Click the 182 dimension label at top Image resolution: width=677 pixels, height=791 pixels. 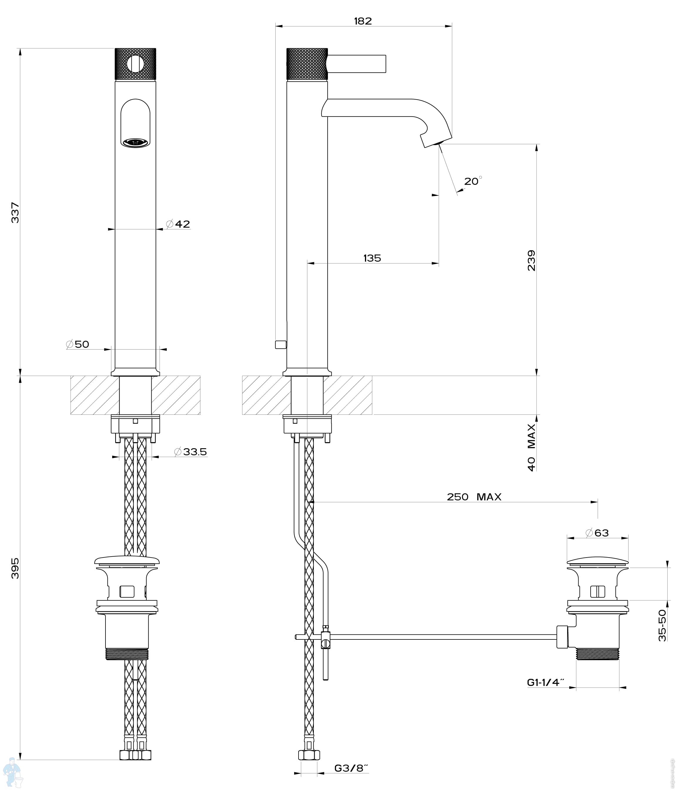[363, 21]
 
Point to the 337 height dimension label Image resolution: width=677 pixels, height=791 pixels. [15, 213]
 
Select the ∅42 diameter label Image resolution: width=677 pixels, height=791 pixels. [178, 224]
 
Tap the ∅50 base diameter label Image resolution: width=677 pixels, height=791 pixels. [78, 344]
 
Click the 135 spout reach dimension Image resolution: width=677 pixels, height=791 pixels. [372, 258]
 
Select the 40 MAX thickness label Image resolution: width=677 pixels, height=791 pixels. [531, 447]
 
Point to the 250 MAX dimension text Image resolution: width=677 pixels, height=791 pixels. [474, 497]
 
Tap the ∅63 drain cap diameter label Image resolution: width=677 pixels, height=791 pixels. [597, 533]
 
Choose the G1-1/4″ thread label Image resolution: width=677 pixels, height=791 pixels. [546, 682]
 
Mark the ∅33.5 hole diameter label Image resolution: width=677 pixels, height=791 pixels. [190, 452]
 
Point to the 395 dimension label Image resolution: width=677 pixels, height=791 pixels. [15, 568]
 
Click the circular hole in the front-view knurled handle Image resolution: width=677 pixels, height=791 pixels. [135, 64]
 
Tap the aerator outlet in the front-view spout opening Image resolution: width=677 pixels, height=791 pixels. [135, 143]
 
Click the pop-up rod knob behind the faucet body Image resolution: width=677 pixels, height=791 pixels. [281, 344]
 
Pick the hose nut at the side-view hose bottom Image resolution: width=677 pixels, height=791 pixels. [309, 755]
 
